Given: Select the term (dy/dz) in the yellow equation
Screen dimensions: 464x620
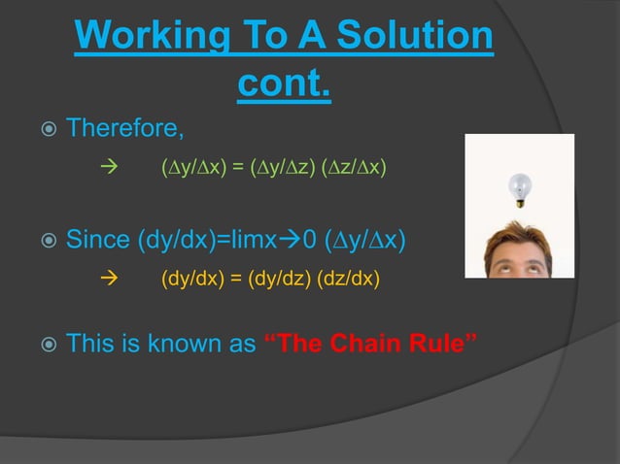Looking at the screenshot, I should coord(284,280).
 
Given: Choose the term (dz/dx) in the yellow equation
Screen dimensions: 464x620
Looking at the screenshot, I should coord(348,280).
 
